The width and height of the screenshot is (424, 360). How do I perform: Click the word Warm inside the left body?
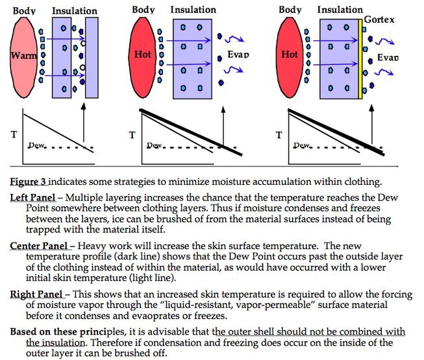[23, 56]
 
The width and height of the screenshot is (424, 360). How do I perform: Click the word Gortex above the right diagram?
[379, 19]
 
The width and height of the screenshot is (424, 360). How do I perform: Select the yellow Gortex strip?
[360, 59]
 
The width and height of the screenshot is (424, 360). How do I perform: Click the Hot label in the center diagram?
[142, 54]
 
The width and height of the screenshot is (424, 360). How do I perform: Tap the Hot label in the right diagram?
[290, 54]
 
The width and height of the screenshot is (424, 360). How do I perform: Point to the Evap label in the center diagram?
[238, 54]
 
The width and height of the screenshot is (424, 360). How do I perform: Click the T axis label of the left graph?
[14, 134]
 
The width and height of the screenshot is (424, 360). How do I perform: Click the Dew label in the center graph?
[154, 145]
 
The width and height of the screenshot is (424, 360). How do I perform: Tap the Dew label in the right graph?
[301, 145]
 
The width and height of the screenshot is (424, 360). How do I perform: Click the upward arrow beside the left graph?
[84, 123]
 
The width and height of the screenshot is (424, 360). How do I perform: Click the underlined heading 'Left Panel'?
[32, 198]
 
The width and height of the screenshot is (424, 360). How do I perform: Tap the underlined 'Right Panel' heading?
[36, 294]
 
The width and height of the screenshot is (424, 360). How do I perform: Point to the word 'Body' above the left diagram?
[24, 11]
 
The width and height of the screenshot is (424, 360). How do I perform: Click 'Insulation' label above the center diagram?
[193, 10]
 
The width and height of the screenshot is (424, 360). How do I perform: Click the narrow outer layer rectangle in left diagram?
[92, 58]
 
